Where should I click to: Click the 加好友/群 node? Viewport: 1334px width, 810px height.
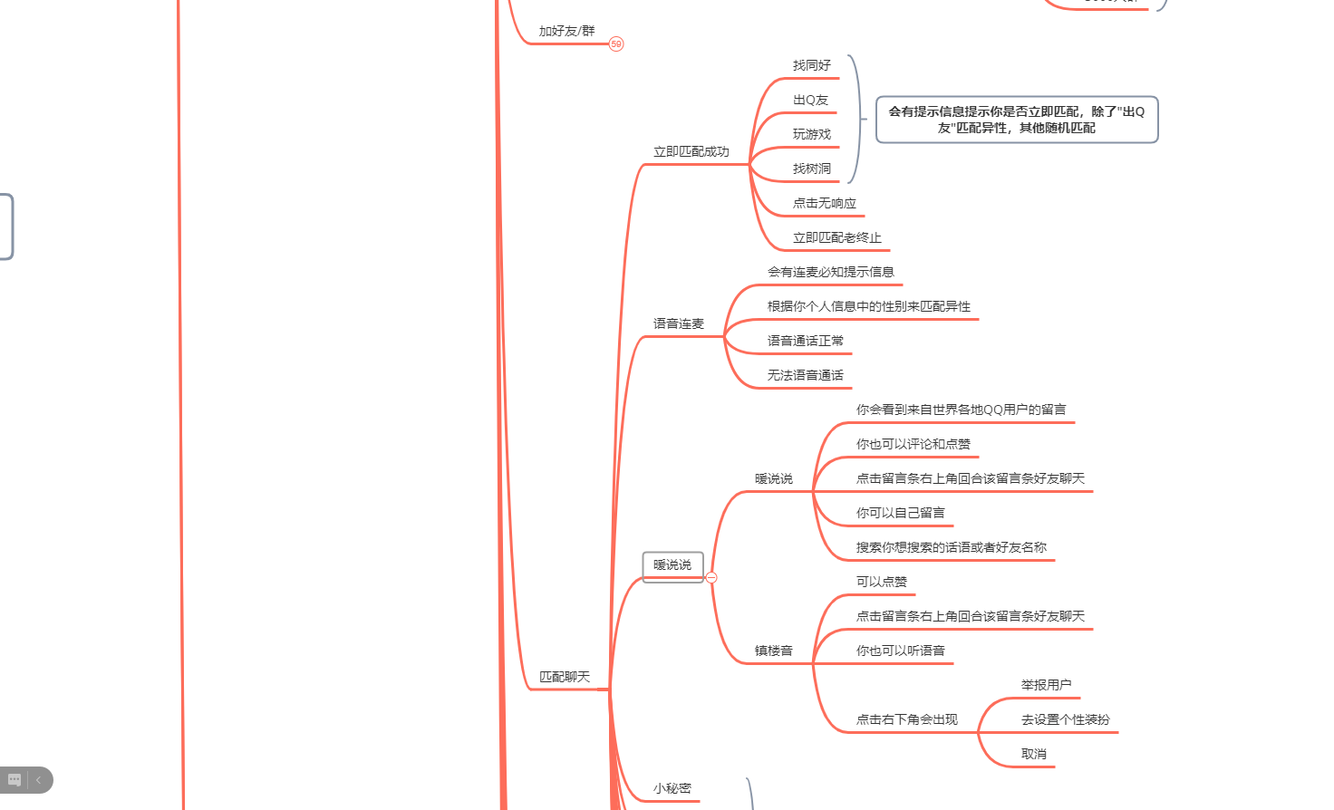[566, 31]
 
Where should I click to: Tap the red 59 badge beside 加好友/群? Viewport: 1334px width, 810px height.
[616, 43]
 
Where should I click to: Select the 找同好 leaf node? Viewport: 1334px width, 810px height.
[811, 65]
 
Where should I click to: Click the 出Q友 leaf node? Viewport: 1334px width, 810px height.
[810, 100]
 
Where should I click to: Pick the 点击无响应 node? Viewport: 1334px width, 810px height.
[824, 203]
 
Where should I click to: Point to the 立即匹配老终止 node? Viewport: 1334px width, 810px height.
[836, 237]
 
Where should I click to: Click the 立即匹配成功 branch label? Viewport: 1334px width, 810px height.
[691, 151]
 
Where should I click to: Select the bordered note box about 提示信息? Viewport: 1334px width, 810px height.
[1017, 120]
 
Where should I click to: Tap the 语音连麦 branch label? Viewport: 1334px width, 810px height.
[678, 323]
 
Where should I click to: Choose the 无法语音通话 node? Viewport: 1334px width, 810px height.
[805, 375]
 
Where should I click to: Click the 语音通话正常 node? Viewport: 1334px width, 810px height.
[805, 341]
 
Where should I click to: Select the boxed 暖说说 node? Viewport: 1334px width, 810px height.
[672, 565]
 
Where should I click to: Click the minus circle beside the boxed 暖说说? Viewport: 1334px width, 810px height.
[711, 577]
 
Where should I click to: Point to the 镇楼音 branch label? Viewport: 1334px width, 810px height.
[773, 651]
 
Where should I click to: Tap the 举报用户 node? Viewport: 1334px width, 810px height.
[1046, 685]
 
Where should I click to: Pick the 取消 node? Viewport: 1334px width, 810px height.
[1033, 754]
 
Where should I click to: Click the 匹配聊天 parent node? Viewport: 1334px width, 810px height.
[564, 677]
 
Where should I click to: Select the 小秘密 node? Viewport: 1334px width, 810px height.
[672, 788]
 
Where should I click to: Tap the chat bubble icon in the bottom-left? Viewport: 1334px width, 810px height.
[14, 780]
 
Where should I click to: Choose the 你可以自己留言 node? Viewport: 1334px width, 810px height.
[900, 513]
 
